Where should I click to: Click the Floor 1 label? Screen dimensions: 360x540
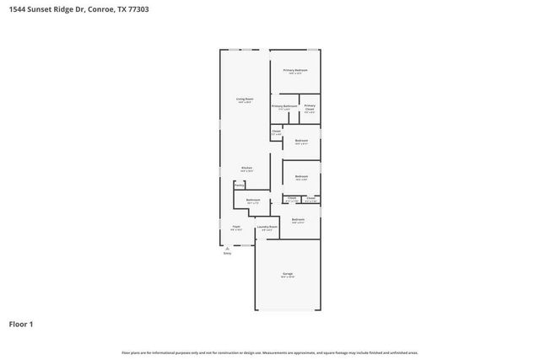pos(21,323)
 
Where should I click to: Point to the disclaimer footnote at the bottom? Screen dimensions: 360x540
pos(270,352)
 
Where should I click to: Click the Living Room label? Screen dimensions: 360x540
pos(245,99)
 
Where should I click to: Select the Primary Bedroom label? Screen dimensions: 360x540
pos(294,70)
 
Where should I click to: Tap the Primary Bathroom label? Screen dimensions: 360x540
pos(284,106)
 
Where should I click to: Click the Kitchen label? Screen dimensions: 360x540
pos(246,167)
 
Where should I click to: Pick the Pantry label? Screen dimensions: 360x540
pos(240,185)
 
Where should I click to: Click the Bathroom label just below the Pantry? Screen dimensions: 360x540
pos(253,200)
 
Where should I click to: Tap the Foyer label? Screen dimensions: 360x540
pos(236,226)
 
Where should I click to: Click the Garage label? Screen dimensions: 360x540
pos(288,274)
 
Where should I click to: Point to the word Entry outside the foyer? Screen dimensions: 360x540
pos(227,253)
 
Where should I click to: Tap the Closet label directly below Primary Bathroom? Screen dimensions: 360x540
pos(276,131)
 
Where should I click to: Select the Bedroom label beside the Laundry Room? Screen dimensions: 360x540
pos(298,219)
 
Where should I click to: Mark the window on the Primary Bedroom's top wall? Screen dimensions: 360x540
pos(295,49)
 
